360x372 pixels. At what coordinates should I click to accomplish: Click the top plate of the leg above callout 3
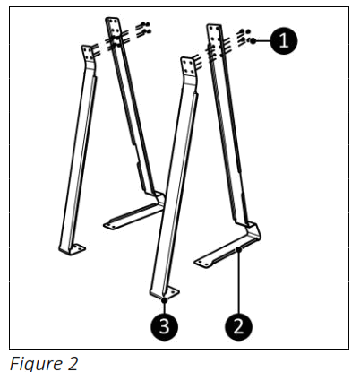click(x=188, y=68)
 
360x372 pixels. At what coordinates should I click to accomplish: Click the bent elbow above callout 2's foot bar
click(x=256, y=230)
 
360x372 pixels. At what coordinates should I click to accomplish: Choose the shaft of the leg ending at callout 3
click(x=175, y=179)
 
